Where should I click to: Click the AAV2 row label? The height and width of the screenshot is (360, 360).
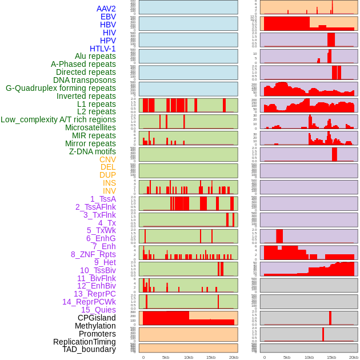[x=106, y=9]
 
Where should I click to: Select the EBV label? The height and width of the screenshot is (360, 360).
[x=107, y=17]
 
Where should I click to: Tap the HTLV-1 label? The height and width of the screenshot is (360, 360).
[x=102, y=49]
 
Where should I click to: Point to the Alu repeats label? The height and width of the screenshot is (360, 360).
[x=95, y=56]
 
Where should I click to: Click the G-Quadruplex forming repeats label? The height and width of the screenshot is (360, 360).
[x=61, y=88]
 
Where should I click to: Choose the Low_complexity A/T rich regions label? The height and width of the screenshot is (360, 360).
[x=58, y=119]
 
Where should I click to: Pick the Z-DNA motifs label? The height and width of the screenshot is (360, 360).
[x=92, y=151]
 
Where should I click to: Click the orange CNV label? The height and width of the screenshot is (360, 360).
[x=107, y=159]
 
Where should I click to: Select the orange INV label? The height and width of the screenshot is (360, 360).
[x=109, y=191]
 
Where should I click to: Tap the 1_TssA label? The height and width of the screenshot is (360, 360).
[x=103, y=199]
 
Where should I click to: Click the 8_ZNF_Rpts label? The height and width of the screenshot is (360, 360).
[x=93, y=254]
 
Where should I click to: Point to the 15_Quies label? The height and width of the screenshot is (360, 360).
[x=98, y=310]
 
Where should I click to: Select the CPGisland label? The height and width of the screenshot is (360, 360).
[x=97, y=318]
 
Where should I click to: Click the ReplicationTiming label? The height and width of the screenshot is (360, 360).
[x=84, y=342]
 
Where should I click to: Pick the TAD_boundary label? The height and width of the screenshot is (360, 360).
[x=89, y=349]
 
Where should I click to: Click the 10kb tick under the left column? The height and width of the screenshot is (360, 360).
[x=189, y=358]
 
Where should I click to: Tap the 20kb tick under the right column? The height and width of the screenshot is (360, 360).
[x=354, y=358]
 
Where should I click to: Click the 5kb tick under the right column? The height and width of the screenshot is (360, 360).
[x=287, y=358]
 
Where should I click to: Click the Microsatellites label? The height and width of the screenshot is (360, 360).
[x=90, y=127]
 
